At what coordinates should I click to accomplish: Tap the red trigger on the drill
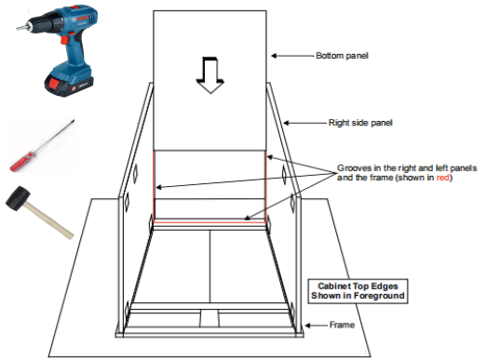[64, 40]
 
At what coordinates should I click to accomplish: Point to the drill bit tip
[18, 29]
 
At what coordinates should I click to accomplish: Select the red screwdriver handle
[21, 161]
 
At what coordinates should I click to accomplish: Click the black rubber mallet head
[18, 198]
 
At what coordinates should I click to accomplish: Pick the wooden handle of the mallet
[49, 220]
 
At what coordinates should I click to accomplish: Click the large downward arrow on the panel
[210, 74]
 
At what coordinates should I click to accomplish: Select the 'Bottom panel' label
[342, 56]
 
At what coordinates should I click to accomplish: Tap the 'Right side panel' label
[360, 123]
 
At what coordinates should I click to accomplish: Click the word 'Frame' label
[342, 325]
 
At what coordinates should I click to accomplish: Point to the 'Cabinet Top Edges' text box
[358, 291]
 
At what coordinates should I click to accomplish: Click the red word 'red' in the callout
[443, 178]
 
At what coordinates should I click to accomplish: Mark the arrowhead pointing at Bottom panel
[274, 56]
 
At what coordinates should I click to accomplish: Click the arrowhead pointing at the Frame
[308, 326]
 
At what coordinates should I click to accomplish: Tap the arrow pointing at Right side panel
[305, 123]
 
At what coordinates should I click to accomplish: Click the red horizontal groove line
[210, 222]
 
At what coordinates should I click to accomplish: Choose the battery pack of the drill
[69, 83]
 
